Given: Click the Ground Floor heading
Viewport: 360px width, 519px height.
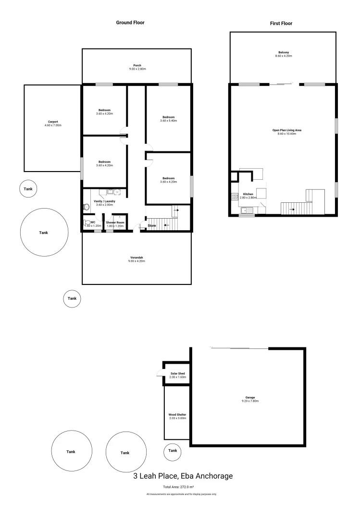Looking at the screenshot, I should (130, 23).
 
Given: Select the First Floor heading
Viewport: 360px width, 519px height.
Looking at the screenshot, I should (282, 23).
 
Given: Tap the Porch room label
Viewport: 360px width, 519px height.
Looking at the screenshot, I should (137, 65).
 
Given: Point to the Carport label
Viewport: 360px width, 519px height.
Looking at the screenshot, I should (53, 122).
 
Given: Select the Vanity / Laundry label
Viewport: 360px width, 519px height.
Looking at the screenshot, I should (104, 201).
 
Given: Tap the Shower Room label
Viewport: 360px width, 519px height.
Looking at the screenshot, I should (115, 223).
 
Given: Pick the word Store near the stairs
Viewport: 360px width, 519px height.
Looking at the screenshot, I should (152, 225).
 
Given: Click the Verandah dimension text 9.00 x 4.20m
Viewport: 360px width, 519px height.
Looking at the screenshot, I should (137, 261).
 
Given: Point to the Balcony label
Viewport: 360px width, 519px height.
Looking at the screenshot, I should (283, 52).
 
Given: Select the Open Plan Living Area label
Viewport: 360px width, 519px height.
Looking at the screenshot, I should (283, 130).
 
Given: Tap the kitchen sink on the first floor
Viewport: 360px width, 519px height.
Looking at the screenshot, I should (245, 210).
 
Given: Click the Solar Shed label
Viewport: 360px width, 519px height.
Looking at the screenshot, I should (177, 373).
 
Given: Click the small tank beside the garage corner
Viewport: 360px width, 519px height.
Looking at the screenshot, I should (173, 451).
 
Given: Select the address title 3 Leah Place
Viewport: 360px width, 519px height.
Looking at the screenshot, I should (183, 476).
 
